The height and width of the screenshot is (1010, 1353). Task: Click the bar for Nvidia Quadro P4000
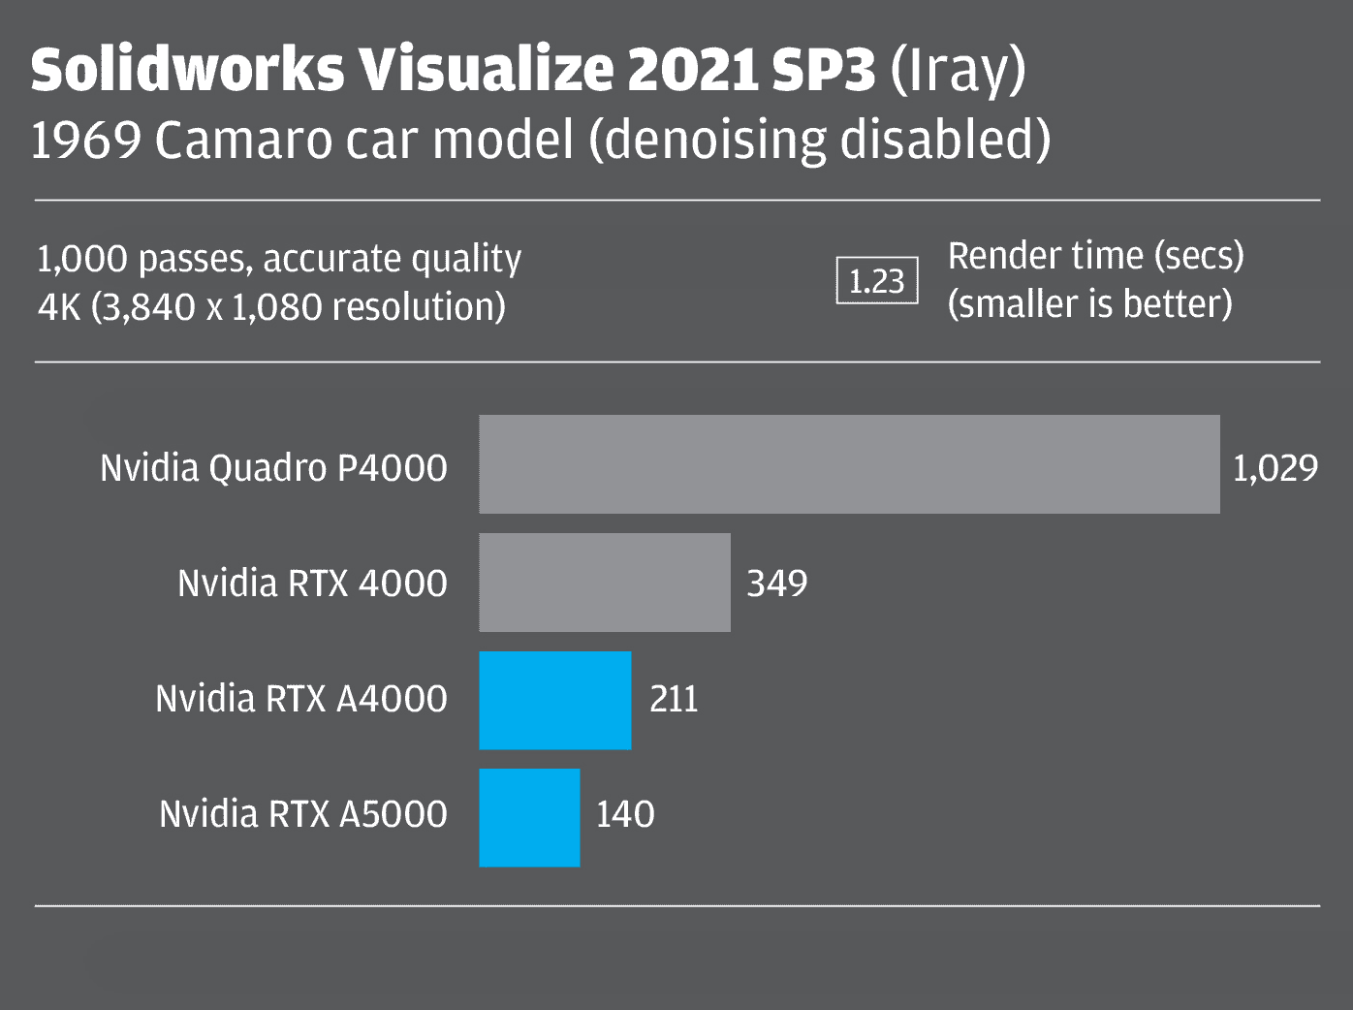[x=849, y=464]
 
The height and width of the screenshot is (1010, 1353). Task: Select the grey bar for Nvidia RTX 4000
[x=605, y=583]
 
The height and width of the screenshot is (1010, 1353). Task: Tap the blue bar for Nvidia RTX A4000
[x=554, y=700]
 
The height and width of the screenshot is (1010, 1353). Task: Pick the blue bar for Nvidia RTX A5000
[x=529, y=818]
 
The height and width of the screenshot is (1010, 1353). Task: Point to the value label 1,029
[x=1274, y=468]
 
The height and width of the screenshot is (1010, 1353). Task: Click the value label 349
[x=776, y=584]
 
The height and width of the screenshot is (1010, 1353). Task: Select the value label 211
[x=674, y=699]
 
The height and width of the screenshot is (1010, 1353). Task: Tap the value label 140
[x=625, y=814]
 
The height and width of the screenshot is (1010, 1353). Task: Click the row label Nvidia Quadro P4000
[x=273, y=468]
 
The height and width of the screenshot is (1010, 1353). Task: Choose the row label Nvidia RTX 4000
[x=312, y=584]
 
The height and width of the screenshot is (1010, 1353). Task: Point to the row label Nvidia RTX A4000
[x=301, y=699]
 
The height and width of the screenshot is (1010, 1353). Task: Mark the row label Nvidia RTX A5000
[x=303, y=814]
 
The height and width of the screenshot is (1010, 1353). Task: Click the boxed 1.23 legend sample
[x=877, y=281]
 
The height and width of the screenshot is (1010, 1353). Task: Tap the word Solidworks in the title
[x=187, y=70]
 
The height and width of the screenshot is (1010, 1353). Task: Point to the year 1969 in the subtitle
[x=86, y=141]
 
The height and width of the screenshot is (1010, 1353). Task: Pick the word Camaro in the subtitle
[x=242, y=141]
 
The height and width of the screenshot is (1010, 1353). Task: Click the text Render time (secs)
[x=1095, y=256]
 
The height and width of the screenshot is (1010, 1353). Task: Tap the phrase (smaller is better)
[x=1089, y=304]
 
